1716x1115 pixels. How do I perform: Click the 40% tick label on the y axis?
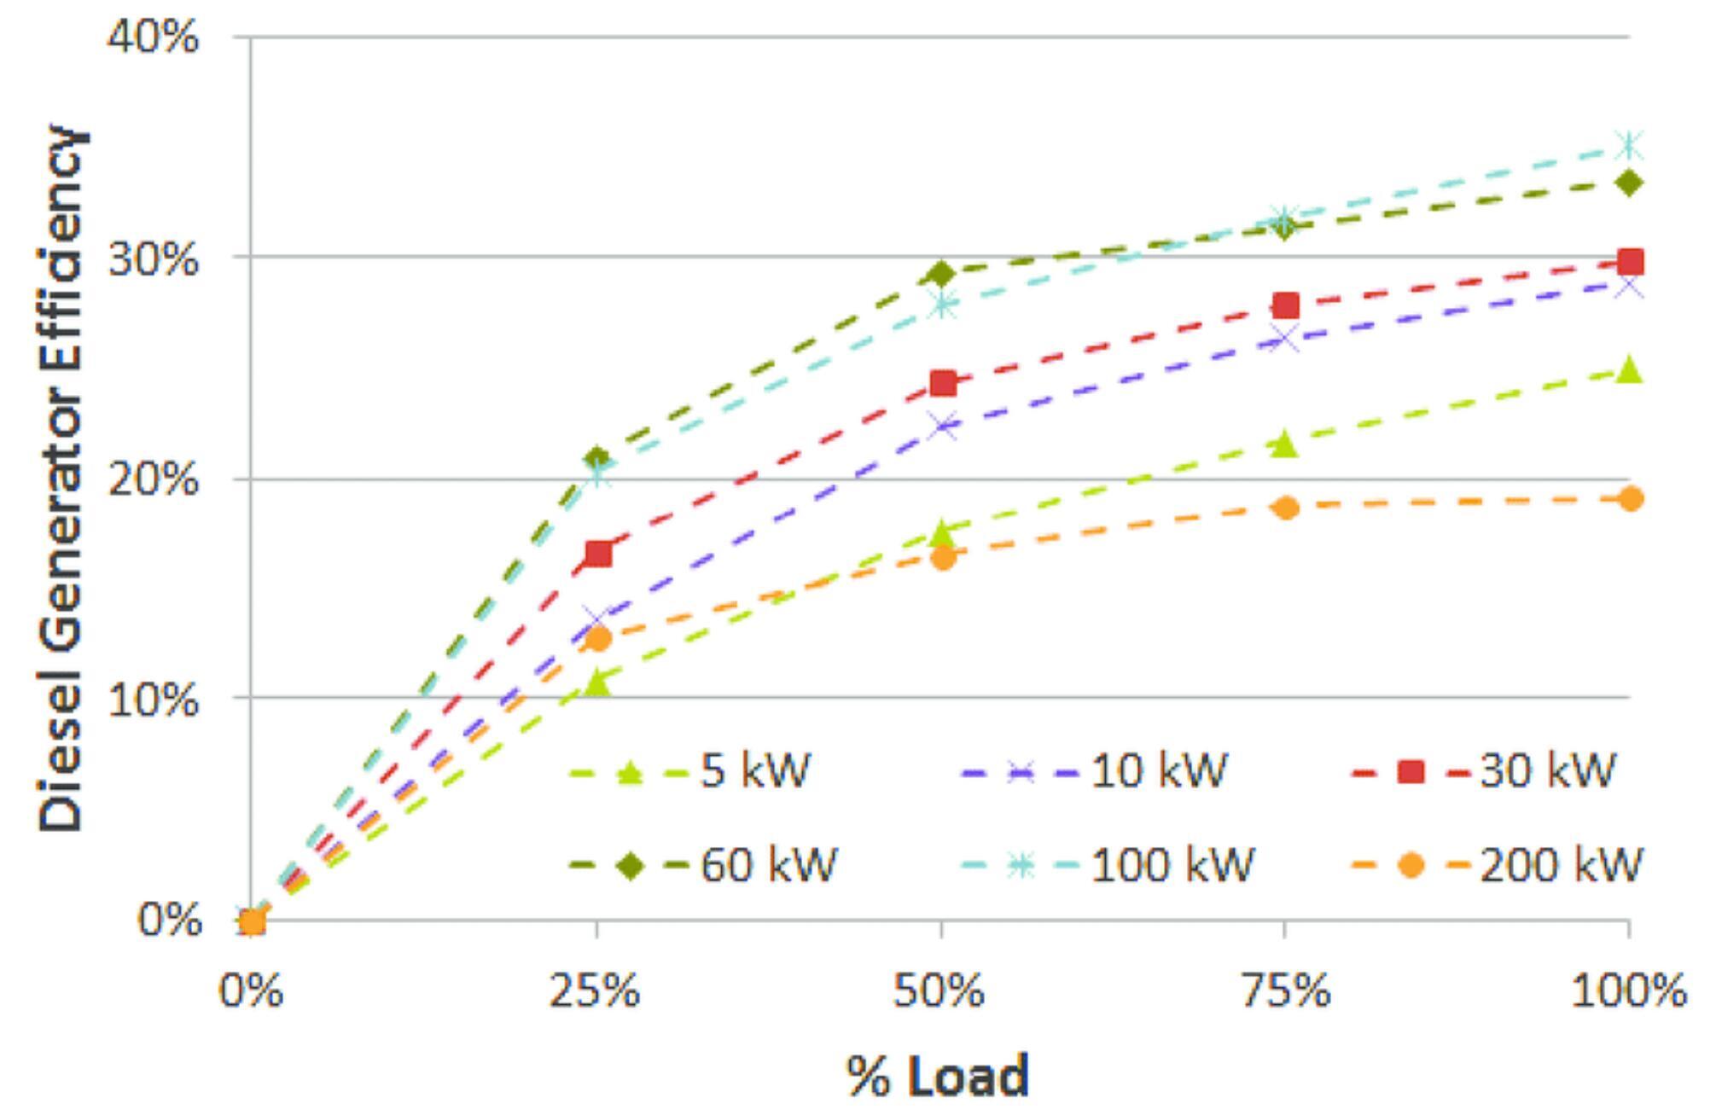[152, 38]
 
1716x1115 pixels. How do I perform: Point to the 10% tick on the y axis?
[152, 699]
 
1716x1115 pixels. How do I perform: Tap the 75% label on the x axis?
[1285, 991]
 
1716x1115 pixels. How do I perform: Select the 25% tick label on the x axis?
[595, 991]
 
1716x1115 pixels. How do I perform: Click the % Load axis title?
[938, 1077]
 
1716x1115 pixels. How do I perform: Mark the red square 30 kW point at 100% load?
[1629, 262]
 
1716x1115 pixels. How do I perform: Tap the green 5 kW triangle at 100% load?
[1629, 369]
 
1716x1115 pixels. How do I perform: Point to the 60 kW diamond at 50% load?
[941, 274]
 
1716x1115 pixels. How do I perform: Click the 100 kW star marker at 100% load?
[1629, 146]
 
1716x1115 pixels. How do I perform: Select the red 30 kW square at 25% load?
[598, 554]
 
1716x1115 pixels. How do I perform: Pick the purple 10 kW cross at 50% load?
[942, 425]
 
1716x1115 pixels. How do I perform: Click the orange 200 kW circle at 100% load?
[1630, 499]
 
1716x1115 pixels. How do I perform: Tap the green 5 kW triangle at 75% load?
[1284, 444]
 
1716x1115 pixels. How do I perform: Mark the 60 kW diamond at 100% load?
[1629, 183]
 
